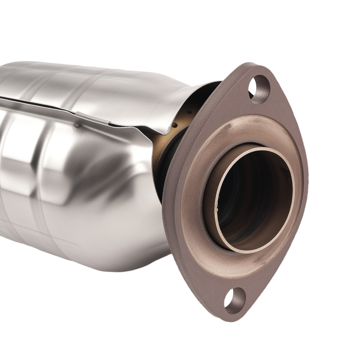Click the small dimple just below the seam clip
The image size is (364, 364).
click(x=77, y=126)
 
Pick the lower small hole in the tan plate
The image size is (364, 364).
click(x=174, y=126)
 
